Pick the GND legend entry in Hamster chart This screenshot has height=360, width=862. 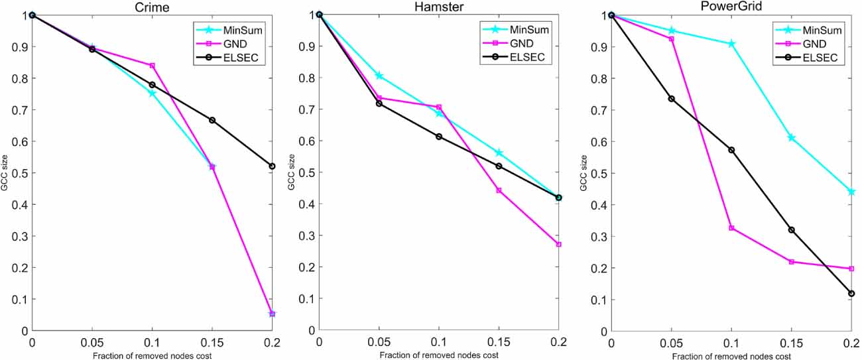(x=520, y=43)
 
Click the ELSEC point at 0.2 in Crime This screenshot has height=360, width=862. (x=272, y=166)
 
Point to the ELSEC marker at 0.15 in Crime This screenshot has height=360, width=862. (x=212, y=120)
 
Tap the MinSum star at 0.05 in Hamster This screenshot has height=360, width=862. (x=379, y=76)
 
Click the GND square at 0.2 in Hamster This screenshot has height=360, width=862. (x=559, y=245)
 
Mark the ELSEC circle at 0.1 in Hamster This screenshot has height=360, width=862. (x=439, y=137)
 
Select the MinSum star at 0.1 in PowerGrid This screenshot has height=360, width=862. (x=732, y=44)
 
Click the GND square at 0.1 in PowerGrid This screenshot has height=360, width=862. (x=732, y=228)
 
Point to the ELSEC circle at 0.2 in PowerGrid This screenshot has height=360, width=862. (x=852, y=293)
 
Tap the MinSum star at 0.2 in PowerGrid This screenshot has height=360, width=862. (x=852, y=192)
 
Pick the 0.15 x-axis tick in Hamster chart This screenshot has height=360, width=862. (x=499, y=343)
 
